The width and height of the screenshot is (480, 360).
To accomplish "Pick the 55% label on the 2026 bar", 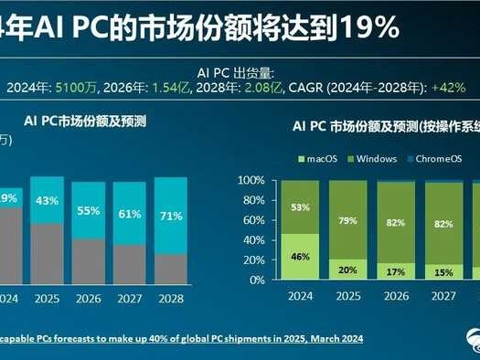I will click(89, 211).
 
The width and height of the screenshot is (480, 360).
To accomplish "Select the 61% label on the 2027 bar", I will click(130, 216).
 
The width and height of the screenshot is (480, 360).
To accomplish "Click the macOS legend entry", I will click(316, 159).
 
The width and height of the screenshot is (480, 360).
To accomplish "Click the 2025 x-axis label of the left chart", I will click(47, 297).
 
